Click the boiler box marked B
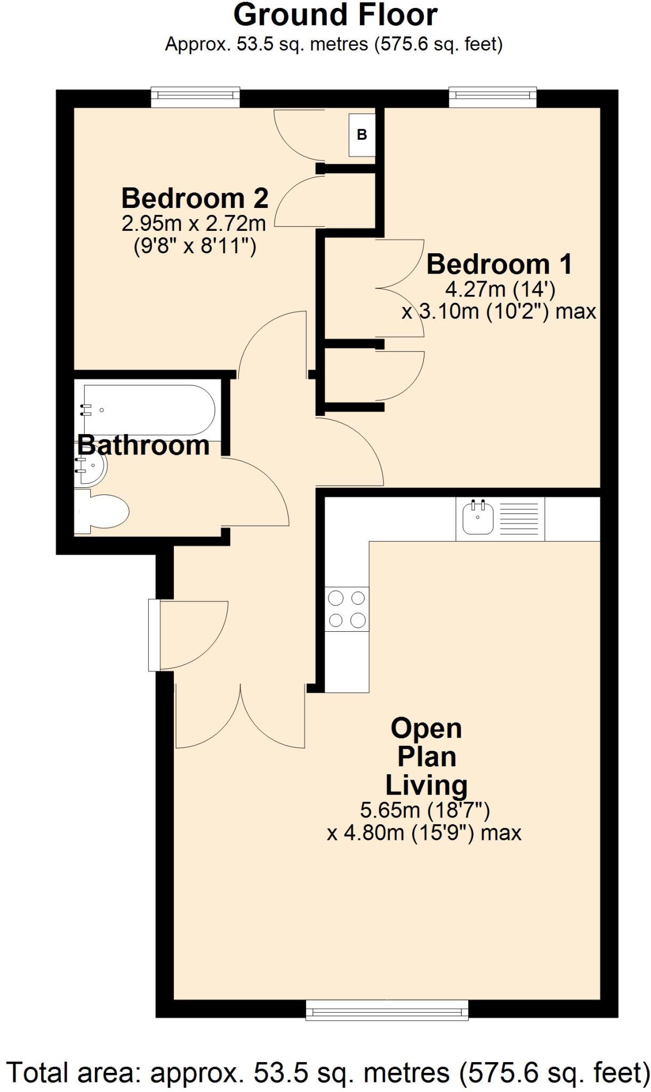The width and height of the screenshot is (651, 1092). click(x=362, y=135)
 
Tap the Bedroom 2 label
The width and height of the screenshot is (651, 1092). click(x=195, y=198)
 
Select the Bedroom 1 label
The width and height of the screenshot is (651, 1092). click(x=499, y=264)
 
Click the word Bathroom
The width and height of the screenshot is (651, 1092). click(x=143, y=445)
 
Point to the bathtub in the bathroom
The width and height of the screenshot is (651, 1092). click(x=149, y=409)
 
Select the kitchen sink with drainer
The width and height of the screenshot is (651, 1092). click(x=500, y=518)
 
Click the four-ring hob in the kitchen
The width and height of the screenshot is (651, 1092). click(x=347, y=609)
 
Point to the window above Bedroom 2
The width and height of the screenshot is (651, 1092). click(x=195, y=95)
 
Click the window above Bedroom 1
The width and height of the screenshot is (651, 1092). click(x=492, y=95)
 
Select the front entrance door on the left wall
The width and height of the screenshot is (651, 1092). click(x=154, y=635)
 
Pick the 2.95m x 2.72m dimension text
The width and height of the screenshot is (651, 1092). click(x=194, y=223)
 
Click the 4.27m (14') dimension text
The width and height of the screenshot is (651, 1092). click(x=500, y=290)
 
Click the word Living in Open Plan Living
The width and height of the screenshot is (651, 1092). click(x=426, y=785)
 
